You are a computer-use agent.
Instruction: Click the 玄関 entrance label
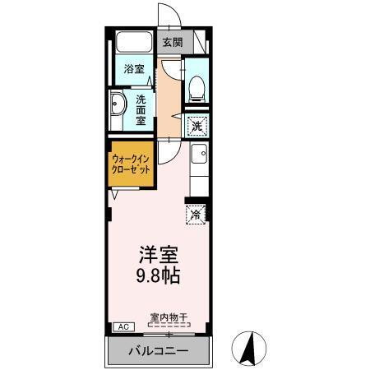(x=173, y=42)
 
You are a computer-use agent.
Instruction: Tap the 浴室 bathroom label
(x=134, y=69)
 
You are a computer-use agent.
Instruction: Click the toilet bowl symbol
(x=197, y=88)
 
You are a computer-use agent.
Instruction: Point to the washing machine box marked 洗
(x=197, y=126)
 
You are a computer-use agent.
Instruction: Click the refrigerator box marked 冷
(x=197, y=215)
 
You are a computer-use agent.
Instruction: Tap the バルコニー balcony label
(x=158, y=351)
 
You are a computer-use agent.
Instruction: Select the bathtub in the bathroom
(x=132, y=42)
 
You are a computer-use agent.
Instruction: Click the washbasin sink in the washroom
(x=117, y=106)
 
